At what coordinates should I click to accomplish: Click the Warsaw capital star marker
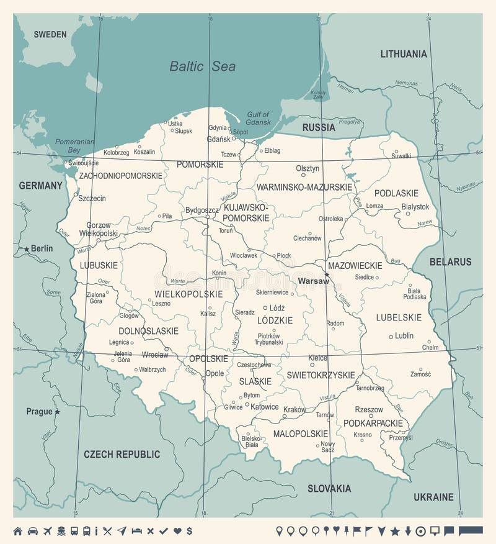point(327,274)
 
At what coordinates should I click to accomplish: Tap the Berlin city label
point(42,248)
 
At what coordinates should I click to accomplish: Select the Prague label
point(39,411)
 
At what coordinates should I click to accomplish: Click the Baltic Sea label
point(203,66)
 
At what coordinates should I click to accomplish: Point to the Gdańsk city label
point(219,138)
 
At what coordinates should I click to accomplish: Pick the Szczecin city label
point(92,198)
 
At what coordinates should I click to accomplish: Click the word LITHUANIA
point(404,54)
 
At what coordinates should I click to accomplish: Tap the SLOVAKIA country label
point(329,488)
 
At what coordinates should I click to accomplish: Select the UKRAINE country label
point(433,497)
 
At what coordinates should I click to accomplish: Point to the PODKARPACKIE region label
point(373,423)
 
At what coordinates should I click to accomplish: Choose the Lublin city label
point(404,335)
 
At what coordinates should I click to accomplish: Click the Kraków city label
point(294,410)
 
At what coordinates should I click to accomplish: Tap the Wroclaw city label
point(154,355)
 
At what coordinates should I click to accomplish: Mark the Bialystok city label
point(415,207)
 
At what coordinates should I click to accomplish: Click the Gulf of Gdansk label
point(259,118)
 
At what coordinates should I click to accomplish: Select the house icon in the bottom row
point(18,531)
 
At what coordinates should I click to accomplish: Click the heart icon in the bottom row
point(177,531)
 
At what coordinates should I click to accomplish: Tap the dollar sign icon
point(189,531)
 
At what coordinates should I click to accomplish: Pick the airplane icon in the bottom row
point(48,531)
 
